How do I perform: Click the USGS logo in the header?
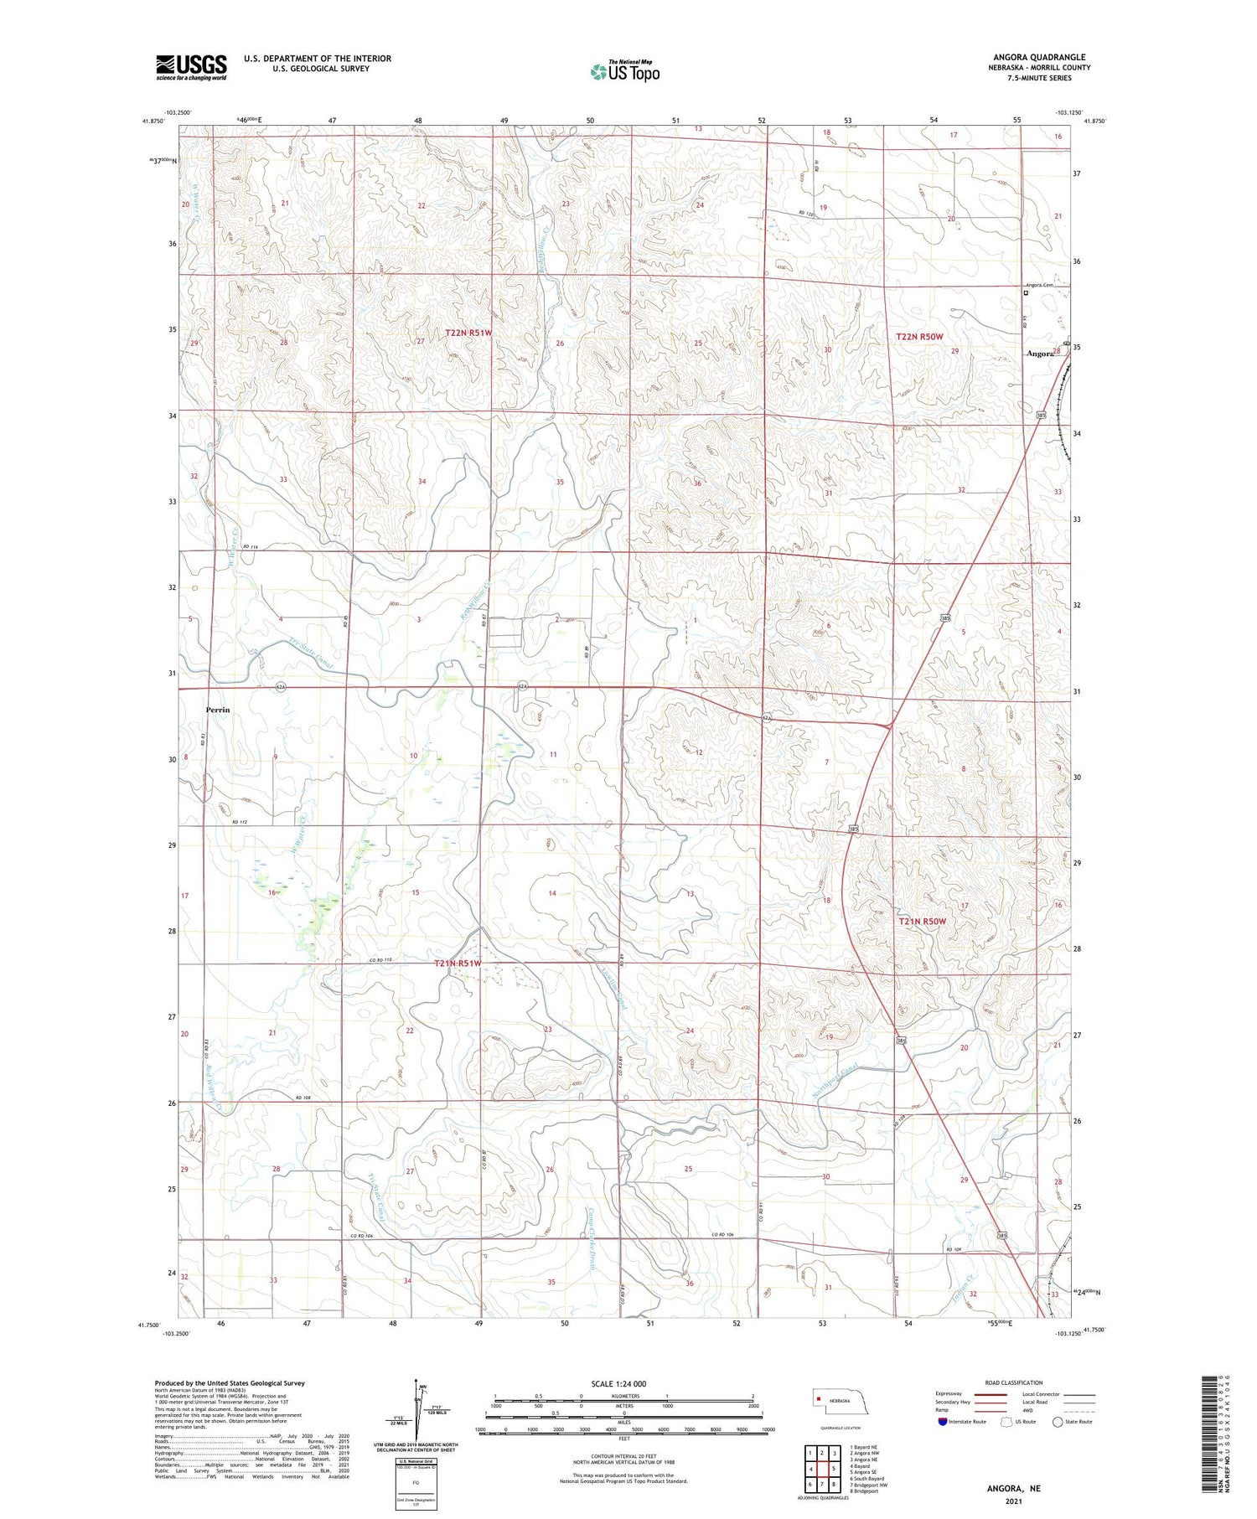coord(191,67)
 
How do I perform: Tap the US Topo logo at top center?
coord(624,72)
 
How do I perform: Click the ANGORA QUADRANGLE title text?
coord(1042,57)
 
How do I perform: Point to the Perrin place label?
coord(218,710)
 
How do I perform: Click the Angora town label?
coord(1039,354)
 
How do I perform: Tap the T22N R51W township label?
coord(468,333)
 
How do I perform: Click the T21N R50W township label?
coord(922,922)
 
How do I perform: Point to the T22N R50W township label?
coord(920,337)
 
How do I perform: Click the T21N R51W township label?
coord(458,964)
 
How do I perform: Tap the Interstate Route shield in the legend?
coord(943,1422)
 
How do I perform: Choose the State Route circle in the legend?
coord(1058,1422)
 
